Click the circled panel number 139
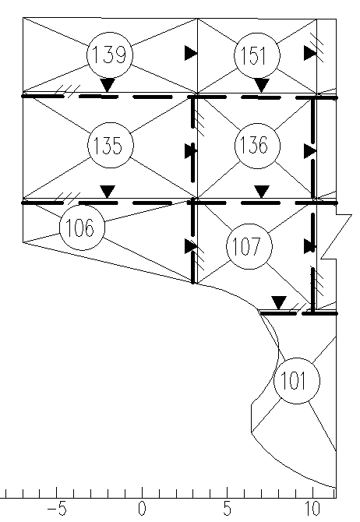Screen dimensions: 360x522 pyautogui.click(x=110, y=55)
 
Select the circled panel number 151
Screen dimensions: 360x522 pyautogui.click(x=257, y=55)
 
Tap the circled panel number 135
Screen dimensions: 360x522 pyautogui.click(x=111, y=146)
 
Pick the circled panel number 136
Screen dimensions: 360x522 pyautogui.click(x=257, y=146)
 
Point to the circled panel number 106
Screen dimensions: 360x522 pyautogui.click(x=82, y=227)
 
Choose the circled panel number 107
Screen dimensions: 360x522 pyautogui.click(x=249, y=246)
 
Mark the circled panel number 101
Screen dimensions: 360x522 pyautogui.click(x=297, y=381)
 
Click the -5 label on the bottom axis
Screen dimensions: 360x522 pyautogui.click(x=57, y=508)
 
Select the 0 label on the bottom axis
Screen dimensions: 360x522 pyautogui.click(x=142, y=508)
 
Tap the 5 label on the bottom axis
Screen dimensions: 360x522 pyautogui.click(x=227, y=508)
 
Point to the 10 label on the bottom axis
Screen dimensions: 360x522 pyautogui.click(x=312, y=508)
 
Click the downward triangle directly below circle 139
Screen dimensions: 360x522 pyautogui.click(x=108, y=85)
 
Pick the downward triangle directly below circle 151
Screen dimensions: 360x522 pyautogui.click(x=261, y=85)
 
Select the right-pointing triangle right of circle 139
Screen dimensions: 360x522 pyautogui.click(x=191, y=53)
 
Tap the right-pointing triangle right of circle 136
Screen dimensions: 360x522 pyautogui.click(x=310, y=151)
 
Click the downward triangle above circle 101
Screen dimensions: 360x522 pyautogui.click(x=279, y=302)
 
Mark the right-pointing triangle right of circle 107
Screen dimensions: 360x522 pyautogui.click(x=310, y=247)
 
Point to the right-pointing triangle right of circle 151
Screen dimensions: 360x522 pyautogui.click(x=310, y=53)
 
